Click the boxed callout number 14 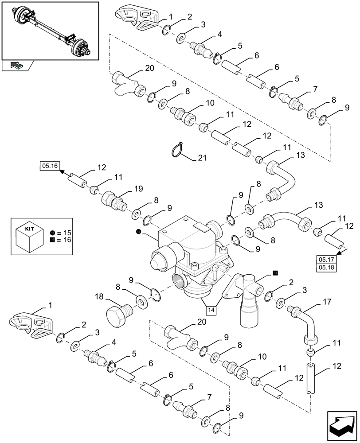pyautogui.click(x=211, y=310)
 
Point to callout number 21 pyautogui.click(x=202, y=158)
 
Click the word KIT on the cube pyautogui.click(x=29, y=229)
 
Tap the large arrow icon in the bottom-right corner pyautogui.click(x=342, y=426)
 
